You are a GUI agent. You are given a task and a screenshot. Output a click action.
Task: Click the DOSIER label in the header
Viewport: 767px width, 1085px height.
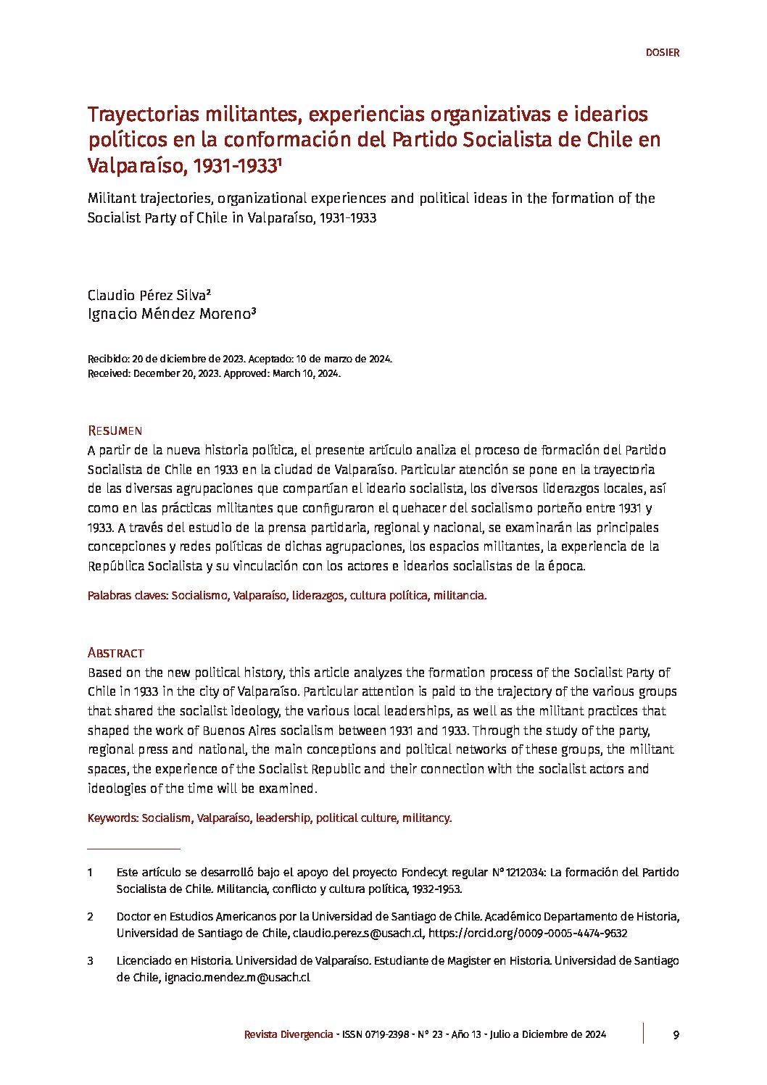coord(662,53)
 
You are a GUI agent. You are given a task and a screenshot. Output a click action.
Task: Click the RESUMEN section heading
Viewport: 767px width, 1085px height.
coord(115,431)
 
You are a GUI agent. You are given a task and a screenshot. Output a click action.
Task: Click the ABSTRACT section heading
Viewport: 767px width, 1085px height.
coord(115,653)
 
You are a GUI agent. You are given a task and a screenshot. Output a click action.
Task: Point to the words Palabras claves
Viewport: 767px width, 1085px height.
coord(127,596)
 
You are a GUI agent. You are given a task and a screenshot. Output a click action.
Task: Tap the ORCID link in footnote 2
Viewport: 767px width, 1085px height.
coord(528,934)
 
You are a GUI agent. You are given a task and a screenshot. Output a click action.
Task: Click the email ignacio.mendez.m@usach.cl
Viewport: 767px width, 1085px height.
coord(237,977)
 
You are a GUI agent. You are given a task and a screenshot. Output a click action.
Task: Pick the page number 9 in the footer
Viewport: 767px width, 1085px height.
coord(676,1034)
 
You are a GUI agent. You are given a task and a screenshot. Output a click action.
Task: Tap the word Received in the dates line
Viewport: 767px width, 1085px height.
coord(108,374)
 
